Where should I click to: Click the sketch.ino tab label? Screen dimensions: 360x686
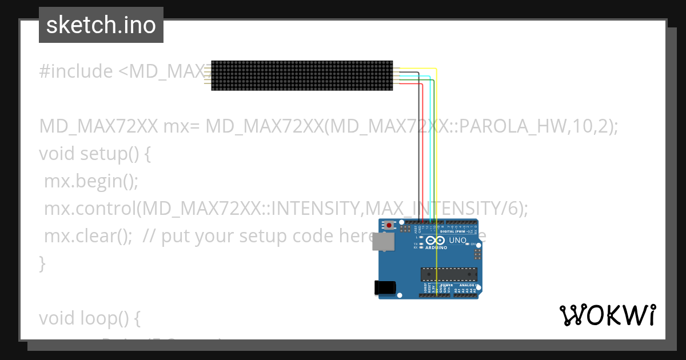point(101,25)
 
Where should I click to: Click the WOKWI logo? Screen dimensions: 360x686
point(607,315)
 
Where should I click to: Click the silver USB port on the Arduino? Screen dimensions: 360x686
point(382,243)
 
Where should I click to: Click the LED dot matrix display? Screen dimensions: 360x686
point(302,75)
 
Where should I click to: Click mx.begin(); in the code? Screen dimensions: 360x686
point(91,182)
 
